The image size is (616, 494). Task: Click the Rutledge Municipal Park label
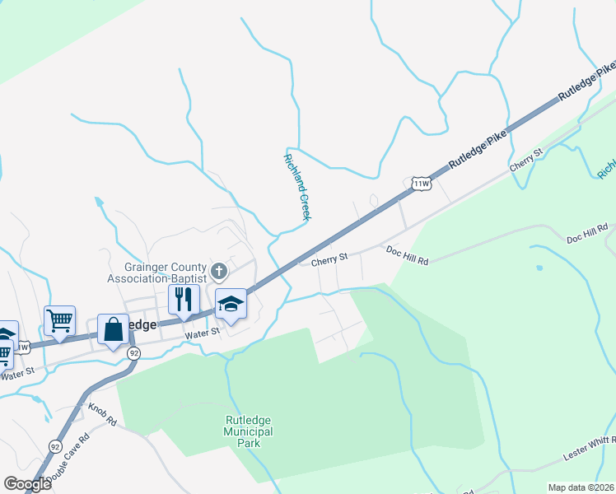tap(249, 431)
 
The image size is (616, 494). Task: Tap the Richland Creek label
tap(296, 187)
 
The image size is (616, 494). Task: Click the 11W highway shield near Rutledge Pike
tap(422, 183)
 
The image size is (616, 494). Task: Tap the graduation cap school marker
tap(231, 304)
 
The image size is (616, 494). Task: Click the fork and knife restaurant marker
tap(184, 298)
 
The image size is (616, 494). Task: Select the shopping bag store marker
tap(114, 329)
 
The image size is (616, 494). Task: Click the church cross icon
tap(219, 270)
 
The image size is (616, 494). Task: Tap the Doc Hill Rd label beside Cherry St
tap(407, 254)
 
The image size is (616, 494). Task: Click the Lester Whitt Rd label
tap(590, 449)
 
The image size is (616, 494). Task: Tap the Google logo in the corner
tap(27, 484)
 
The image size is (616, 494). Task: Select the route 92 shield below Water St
tap(134, 352)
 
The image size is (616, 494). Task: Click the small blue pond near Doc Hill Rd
tap(539, 268)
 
